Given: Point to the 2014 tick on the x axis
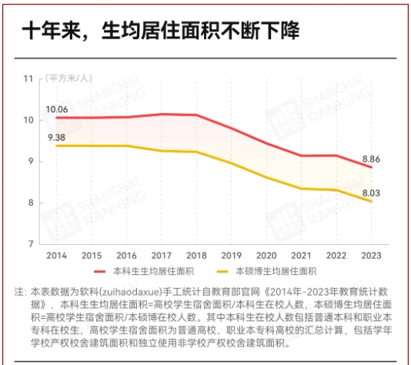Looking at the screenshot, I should point(55,256).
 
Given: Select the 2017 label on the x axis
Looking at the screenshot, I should point(162,256).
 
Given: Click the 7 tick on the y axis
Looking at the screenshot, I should point(31,244).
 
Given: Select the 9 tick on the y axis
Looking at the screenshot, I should point(31,161).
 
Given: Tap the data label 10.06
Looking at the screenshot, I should point(56,109).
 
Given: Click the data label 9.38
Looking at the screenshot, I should point(56,136).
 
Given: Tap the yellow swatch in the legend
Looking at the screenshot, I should point(223,272).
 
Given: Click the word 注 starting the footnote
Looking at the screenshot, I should point(19,293).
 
